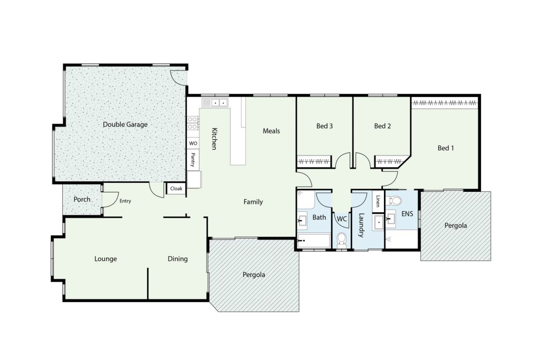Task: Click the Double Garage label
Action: tap(125, 124)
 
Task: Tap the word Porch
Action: tap(82, 199)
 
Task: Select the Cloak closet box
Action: tap(176, 189)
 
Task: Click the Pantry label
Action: tap(193, 160)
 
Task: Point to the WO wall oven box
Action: tap(193, 143)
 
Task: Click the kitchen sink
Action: tap(215, 103)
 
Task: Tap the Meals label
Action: tap(272, 131)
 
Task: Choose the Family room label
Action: tap(253, 202)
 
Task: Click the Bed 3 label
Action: tap(324, 126)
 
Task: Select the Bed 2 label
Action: tap(382, 126)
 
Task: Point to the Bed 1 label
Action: tap(446, 148)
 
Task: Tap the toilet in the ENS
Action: tap(394, 200)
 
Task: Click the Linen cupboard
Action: tap(378, 201)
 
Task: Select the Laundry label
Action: tap(361, 226)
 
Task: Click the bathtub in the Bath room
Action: tap(313, 241)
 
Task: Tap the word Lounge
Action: tap(105, 259)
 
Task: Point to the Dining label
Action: tap(178, 259)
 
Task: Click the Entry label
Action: tap(125, 201)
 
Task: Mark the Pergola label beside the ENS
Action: tap(456, 226)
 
